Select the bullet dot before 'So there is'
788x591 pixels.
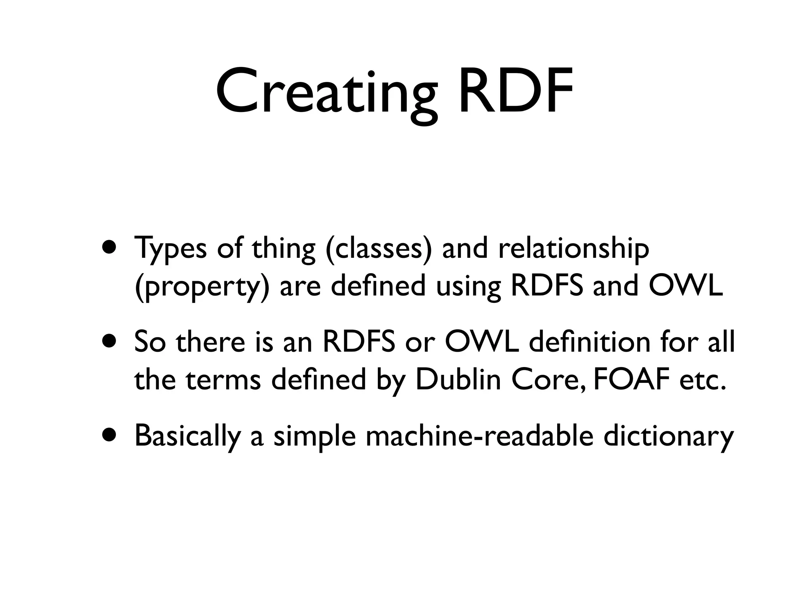(110, 342)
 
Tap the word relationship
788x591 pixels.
(573, 249)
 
